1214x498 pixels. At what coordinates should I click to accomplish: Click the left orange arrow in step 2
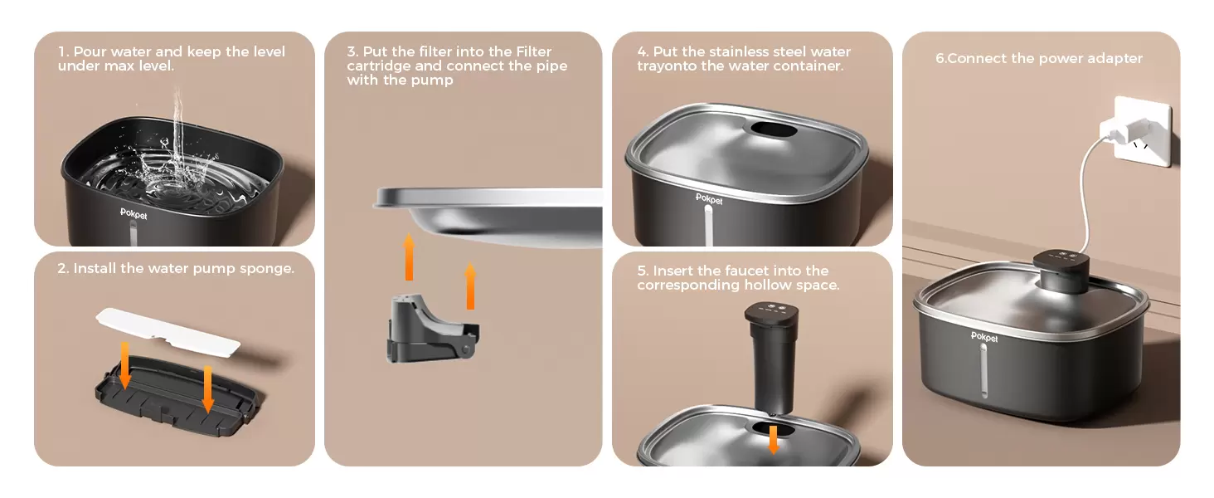tap(125, 366)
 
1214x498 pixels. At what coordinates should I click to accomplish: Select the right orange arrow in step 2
tap(207, 389)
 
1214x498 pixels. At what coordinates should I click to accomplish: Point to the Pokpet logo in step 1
tap(134, 214)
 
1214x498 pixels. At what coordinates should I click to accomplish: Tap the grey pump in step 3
tap(433, 329)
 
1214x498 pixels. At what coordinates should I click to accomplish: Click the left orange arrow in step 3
tap(409, 256)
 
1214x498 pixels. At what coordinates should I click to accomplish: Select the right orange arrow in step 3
tap(470, 286)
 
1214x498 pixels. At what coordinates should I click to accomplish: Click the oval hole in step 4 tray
tap(773, 130)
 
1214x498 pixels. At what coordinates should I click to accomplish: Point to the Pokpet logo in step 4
tap(709, 199)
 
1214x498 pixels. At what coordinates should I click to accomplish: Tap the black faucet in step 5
tap(772, 357)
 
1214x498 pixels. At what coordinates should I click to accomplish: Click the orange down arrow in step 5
tap(774, 439)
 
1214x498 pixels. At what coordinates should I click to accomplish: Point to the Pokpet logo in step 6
tap(984, 337)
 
